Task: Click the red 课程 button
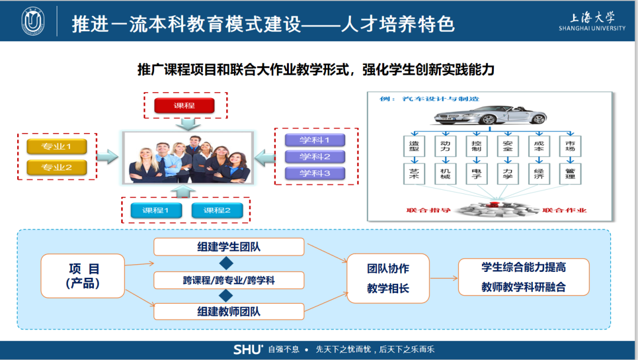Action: tap(184, 106)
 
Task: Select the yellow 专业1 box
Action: tap(57, 146)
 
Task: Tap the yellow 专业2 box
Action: tap(57, 168)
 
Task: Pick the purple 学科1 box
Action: tap(314, 140)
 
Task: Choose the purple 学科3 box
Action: tap(314, 173)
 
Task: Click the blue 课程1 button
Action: tap(155, 210)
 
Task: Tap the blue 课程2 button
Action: tap(217, 210)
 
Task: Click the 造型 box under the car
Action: tap(414, 145)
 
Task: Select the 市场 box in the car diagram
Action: tap(569, 145)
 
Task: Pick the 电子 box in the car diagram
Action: tap(476, 173)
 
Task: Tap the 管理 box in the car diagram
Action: tap(569, 173)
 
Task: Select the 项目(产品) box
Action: tap(83, 276)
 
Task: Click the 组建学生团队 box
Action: tap(229, 247)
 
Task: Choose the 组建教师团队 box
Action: tap(229, 312)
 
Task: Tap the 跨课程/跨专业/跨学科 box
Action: tap(229, 280)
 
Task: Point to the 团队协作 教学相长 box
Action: tap(388, 278)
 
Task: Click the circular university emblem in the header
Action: tap(33, 21)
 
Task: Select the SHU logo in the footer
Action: tap(248, 349)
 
